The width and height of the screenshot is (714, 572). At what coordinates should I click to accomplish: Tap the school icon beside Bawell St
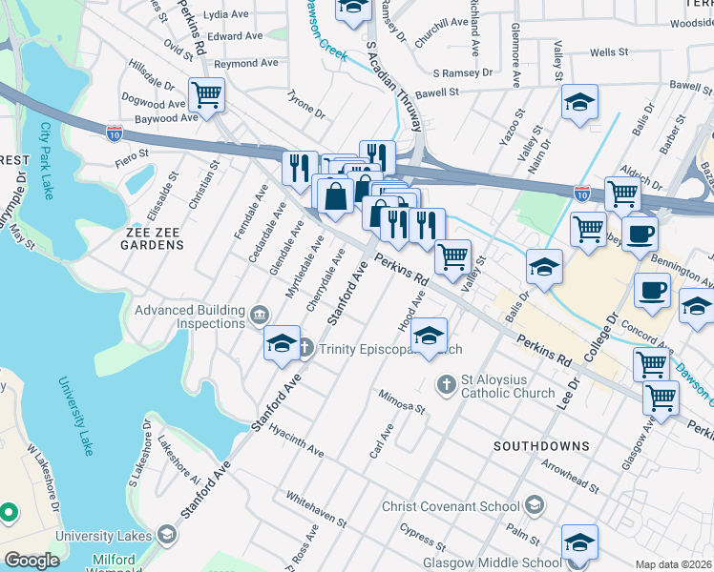pyautogui.click(x=579, y=104)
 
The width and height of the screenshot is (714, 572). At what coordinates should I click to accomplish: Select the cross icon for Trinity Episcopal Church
pyautogui.click(x=305, y=348)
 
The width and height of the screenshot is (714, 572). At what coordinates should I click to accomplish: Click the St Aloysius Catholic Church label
pyautogui.click(x=508, y=385)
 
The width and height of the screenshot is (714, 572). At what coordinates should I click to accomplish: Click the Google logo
pyautogui.click(x=31, y=561)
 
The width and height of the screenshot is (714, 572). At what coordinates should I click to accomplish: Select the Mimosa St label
pyautogui.click(x=401, y=401)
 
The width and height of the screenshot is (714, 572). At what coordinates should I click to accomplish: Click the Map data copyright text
pyautogui.click(x=673, y=564)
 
